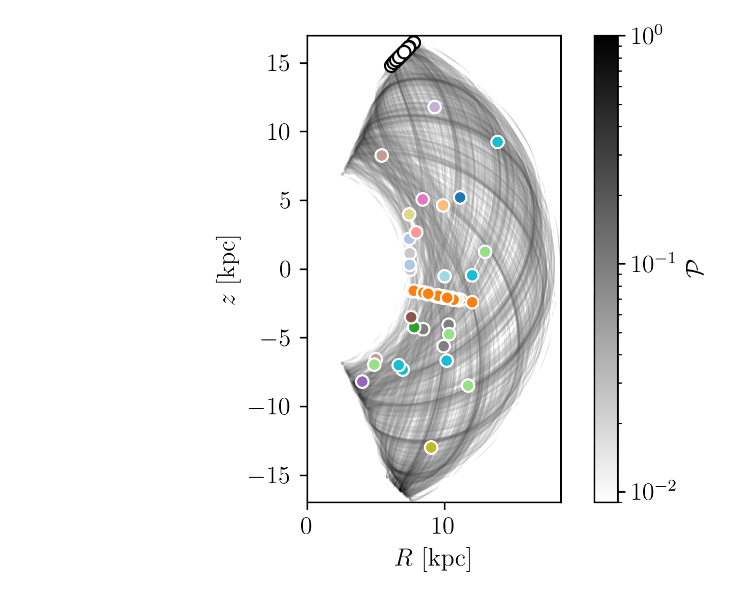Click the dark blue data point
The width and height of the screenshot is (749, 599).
[460, 197]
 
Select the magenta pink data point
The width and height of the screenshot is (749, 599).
[422, 199]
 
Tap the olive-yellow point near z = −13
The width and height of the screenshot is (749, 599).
[431, 447]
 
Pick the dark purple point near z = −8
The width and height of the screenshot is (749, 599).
[362, 381]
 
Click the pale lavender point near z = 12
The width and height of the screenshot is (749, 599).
[434, 107]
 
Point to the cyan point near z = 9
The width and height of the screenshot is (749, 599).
[497, 142]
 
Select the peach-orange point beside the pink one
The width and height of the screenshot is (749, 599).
[443, 205]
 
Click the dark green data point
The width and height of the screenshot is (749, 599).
[414, 327]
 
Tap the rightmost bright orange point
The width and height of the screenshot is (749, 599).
[472, 302]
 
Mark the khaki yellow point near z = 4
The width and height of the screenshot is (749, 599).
[409, 214]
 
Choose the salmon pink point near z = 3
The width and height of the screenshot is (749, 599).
[416, 232]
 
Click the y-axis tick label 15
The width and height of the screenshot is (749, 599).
[280, 63]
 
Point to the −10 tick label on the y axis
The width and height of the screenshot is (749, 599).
[270, 407]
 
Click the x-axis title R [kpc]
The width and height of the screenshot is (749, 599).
[433, 559]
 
